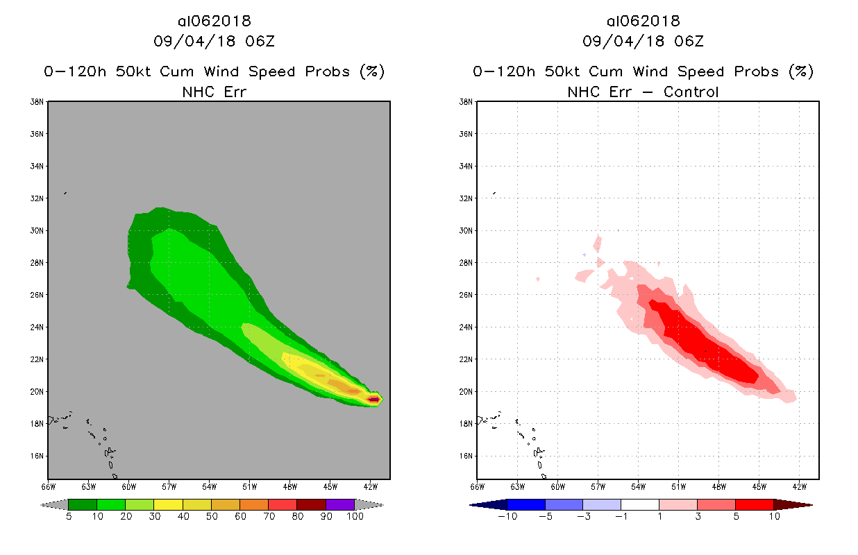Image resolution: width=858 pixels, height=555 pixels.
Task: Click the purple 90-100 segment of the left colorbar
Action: (x=340, y=504)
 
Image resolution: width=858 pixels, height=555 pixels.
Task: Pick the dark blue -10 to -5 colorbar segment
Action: (x=526, y=504)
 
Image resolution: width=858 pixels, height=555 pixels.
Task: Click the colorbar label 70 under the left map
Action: (x=268, y=516)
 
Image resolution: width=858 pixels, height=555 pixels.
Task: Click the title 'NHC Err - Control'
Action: (x=643, y=92)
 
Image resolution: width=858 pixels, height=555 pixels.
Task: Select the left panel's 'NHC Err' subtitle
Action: (x=214, y=92)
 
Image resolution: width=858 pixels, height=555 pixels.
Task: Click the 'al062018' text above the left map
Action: (x=214, y=22)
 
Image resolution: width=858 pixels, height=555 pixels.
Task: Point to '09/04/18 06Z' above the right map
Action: (x=643, y=42)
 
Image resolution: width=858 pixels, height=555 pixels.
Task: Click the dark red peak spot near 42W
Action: (x=373, y=399)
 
